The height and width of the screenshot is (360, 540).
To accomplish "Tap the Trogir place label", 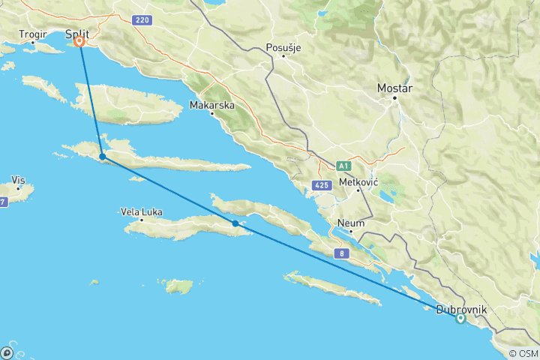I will tap(34, 34).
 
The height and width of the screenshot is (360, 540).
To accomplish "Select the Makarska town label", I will tap(212, 105).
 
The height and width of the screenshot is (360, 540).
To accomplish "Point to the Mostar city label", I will tap(395, 88).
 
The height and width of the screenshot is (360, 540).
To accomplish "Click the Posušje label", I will tap(283, 48).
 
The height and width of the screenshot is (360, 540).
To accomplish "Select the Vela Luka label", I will tap(141, 212).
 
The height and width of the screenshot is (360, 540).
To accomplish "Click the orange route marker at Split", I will tap(79, 42).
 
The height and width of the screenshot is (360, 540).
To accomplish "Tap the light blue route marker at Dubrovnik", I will tap(460, 319).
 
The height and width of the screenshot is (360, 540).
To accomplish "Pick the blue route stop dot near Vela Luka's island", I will tap(235, 223).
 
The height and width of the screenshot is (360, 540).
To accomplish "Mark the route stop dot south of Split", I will tap(102, 157).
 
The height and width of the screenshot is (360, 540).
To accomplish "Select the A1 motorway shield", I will tap(344, 165).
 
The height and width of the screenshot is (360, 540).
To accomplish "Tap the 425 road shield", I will tap(322, 184).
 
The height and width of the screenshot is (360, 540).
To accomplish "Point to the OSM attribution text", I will tap(523, 353).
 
